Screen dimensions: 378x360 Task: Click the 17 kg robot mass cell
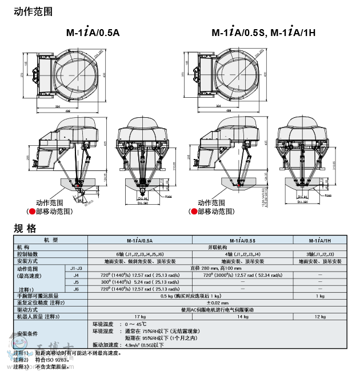click(139, 316)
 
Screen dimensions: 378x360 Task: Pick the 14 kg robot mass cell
click(243, 316)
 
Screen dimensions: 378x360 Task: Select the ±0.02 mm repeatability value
click(217, 303)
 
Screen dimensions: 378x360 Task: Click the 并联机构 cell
click(217, 247)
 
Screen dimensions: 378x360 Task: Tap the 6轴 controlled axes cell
click(139, 254)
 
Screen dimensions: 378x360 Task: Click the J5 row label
click(76, 282)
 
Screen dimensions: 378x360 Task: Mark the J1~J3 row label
click(76, 268)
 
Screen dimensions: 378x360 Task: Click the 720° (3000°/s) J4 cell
click(243, 275)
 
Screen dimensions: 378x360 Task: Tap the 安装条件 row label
click(28, 333)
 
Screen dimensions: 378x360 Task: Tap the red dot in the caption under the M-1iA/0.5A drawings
click(40, 212)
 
